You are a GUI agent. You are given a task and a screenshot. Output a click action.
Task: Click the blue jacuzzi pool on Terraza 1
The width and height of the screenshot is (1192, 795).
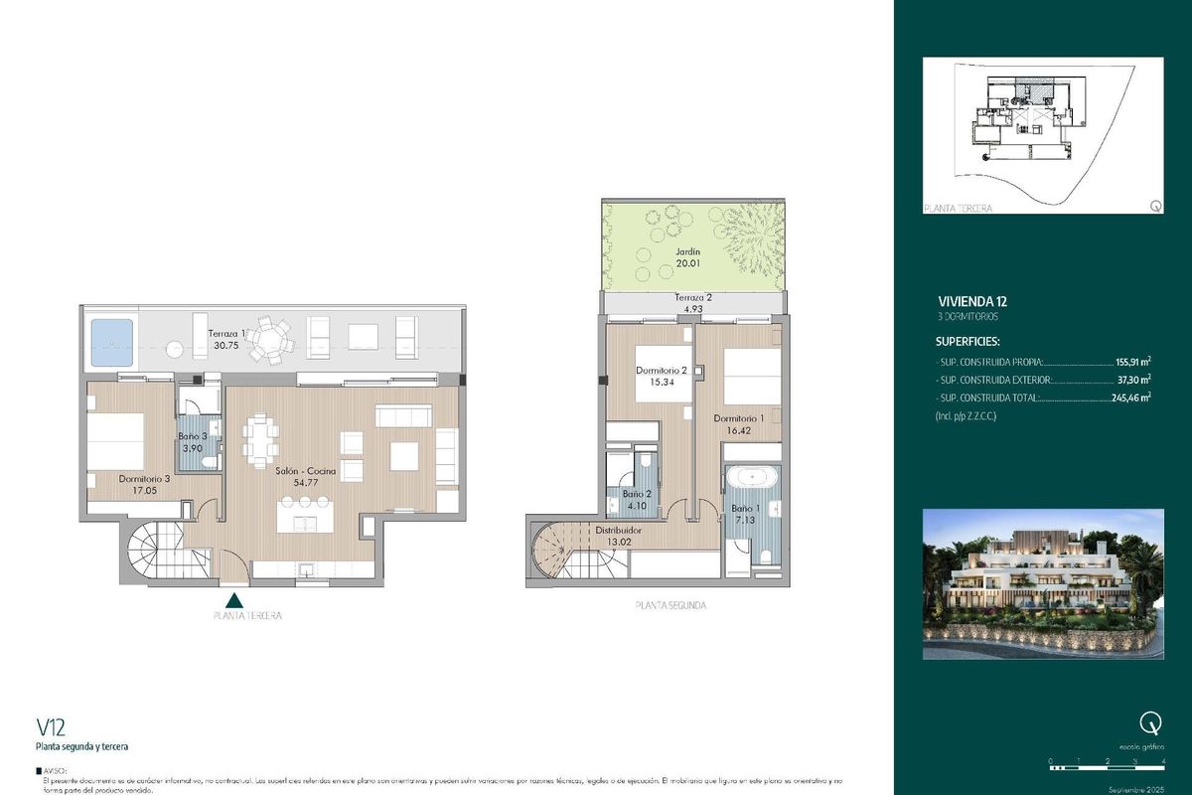[111, 342]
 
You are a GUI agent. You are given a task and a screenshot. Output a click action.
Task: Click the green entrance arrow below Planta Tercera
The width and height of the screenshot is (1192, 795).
[234, 599]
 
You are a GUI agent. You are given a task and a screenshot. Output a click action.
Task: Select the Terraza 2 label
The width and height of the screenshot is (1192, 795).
[691, 298]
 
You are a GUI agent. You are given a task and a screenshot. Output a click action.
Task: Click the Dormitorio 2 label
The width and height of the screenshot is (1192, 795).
[662, 370]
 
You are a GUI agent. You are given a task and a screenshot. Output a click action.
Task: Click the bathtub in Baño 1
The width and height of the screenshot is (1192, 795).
[753, 479]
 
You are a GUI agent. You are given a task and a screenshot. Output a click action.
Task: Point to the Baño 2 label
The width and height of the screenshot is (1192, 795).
[636, 494]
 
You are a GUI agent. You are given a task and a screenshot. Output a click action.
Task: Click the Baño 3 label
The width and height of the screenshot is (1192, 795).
[193, 436]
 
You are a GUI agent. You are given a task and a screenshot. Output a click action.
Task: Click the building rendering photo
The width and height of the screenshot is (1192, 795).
[1043, 584]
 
